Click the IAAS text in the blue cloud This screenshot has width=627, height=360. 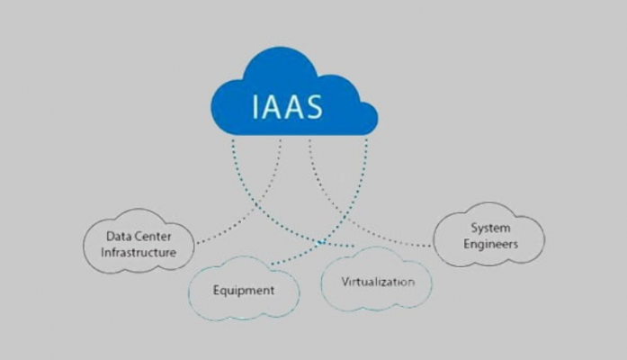[x=287, y=107]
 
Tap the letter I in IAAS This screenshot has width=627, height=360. [x=255, y=107]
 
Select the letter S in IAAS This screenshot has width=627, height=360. [x=313, y=107]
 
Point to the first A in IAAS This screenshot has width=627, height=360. [x=270, y=107]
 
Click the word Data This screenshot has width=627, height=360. [x=115, y=237]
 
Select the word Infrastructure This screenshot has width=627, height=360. [x=139, y=252]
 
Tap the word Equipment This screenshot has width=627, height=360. [x=244, y=291]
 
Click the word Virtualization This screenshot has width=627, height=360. [x=378, y=282]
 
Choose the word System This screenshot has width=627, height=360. [x=490, y=229]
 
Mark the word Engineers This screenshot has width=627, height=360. [x=490, y=244]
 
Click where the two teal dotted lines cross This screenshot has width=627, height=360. [x=320, y=242]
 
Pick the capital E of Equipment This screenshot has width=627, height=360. [x=216, y=290]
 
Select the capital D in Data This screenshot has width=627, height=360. [x=110, y=237]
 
